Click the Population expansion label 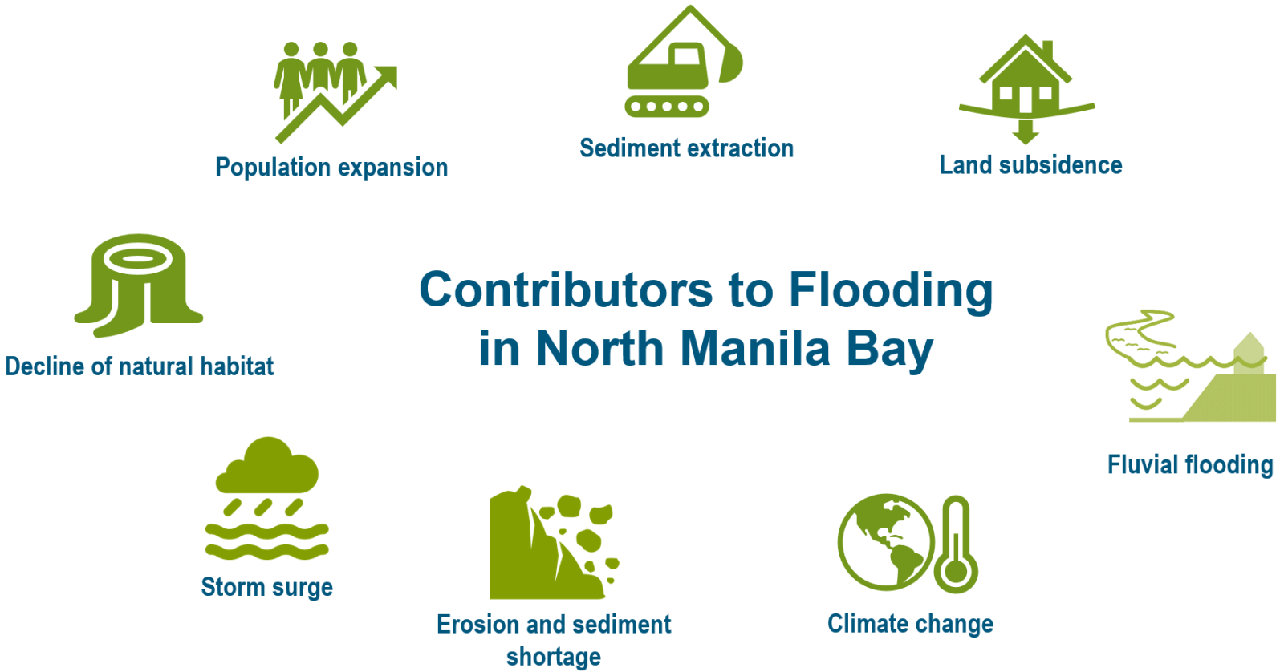pyautogui.click(x=331, y=168)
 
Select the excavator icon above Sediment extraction pyautogui.click(x=684, y=61)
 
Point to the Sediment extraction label pyautogui.click(x=686, y=148)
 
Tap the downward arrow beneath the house pyautogui.click(x=1026, y=132)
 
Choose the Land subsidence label pyautogui.click(x=1030, y=165)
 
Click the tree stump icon pyautogui.click(x=138, y=285)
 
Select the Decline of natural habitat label pyautogui.click(x=140, y=366)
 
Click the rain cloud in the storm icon pyautogui.click(x=267, y=465)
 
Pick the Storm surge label pyautogui.click(x=266, y=587)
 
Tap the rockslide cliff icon pyautogui.click(x=553, y=543)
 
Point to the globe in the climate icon pyautogui.click(x=886, y=542)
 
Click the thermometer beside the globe pyautogui.click(x=956, y=544)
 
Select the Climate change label pyautogui.click(x=910, y=624)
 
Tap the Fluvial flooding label pyautogui.click(x=1190, y=464)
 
